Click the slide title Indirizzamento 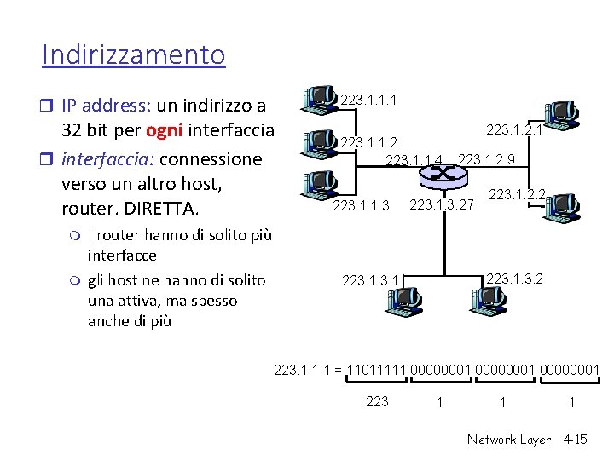coord(134,55)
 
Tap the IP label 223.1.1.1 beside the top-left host coord(368,101)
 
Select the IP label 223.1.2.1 coord(514,129)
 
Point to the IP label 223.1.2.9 coord(486,158)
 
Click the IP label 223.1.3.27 coord(442,204)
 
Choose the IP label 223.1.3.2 coord(514,278)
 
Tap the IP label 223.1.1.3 coord(361,205)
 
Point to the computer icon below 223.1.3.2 coord(489,297)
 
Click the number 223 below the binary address coord(377,401)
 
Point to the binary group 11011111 coord(377,370)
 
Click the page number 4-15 coord(576,440)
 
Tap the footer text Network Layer coord(509,440)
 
